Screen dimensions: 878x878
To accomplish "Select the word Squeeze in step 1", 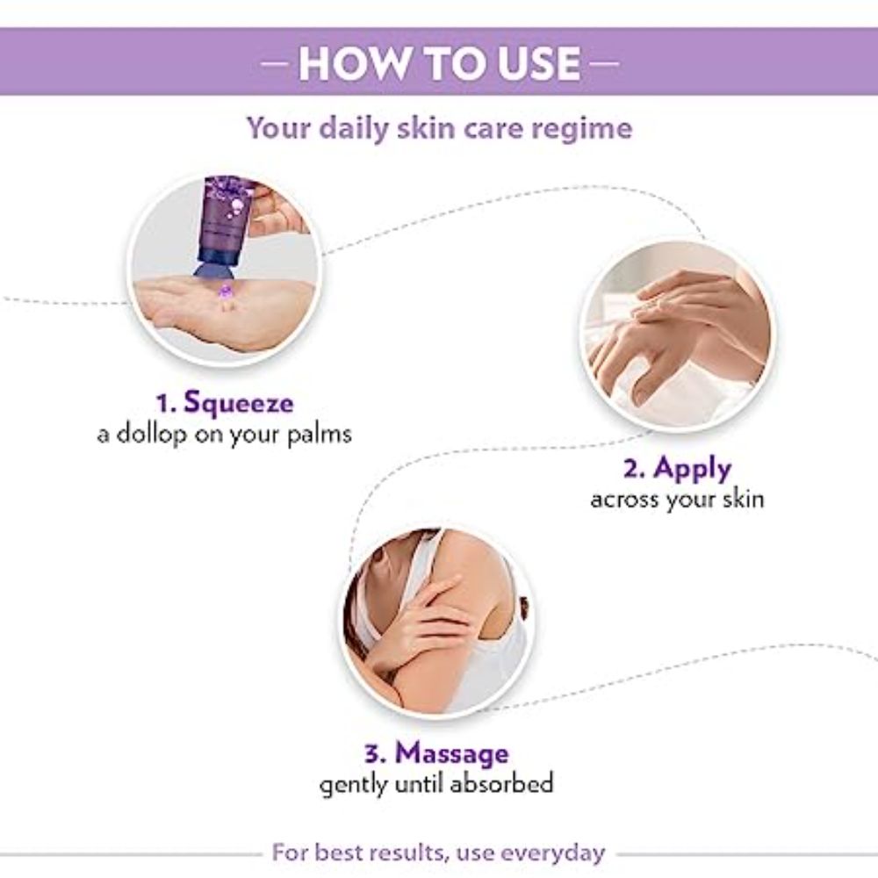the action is (239, 403).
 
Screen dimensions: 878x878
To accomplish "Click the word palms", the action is (320, 434).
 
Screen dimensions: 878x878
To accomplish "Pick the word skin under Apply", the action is (743, 499).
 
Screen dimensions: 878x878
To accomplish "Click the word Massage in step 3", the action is (452, 753).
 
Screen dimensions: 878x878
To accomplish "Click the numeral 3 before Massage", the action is (372, 753).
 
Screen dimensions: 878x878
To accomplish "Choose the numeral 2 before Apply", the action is (631, 469).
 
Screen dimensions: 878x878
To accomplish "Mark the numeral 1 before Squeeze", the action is (162, 404).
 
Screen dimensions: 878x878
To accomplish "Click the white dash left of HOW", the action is (275, 63).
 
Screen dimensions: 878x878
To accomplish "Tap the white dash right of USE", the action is (605, 63).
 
